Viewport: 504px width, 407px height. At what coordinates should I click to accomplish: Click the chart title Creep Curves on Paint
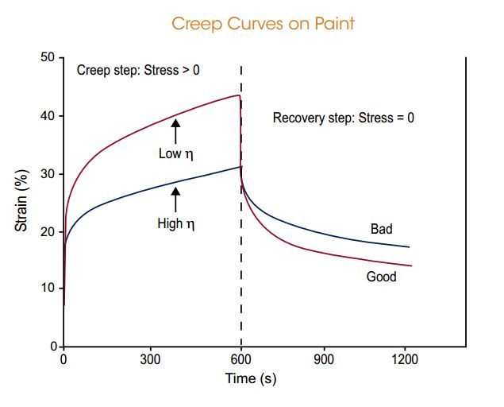[263, 23]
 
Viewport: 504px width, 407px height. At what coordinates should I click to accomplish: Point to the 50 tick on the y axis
[48, 58]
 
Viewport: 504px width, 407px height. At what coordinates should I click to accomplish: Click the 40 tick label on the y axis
[48, 116]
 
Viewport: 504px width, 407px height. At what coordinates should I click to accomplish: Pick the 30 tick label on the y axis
[48, 174]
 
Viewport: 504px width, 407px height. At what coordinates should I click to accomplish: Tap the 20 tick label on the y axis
[48, 232]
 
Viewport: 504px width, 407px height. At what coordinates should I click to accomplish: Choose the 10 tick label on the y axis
[48, 289]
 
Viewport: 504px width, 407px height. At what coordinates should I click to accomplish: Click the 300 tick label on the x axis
[151, 359]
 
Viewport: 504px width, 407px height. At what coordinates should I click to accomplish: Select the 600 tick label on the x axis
[240, 359]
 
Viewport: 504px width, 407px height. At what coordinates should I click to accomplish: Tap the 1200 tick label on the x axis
[406, 359]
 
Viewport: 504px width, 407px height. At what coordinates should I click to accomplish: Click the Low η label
[176, 154]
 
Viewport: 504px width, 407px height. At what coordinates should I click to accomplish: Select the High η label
[175, 224]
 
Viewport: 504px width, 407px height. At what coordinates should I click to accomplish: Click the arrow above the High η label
[175, 200]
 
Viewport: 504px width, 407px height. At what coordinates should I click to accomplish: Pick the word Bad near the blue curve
[381, 230]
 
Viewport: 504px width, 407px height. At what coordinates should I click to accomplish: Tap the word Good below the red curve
[381, 277]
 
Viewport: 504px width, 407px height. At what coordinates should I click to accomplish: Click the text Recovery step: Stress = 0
[344, 118]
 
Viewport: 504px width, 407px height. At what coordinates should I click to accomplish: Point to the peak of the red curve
[238, 95]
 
